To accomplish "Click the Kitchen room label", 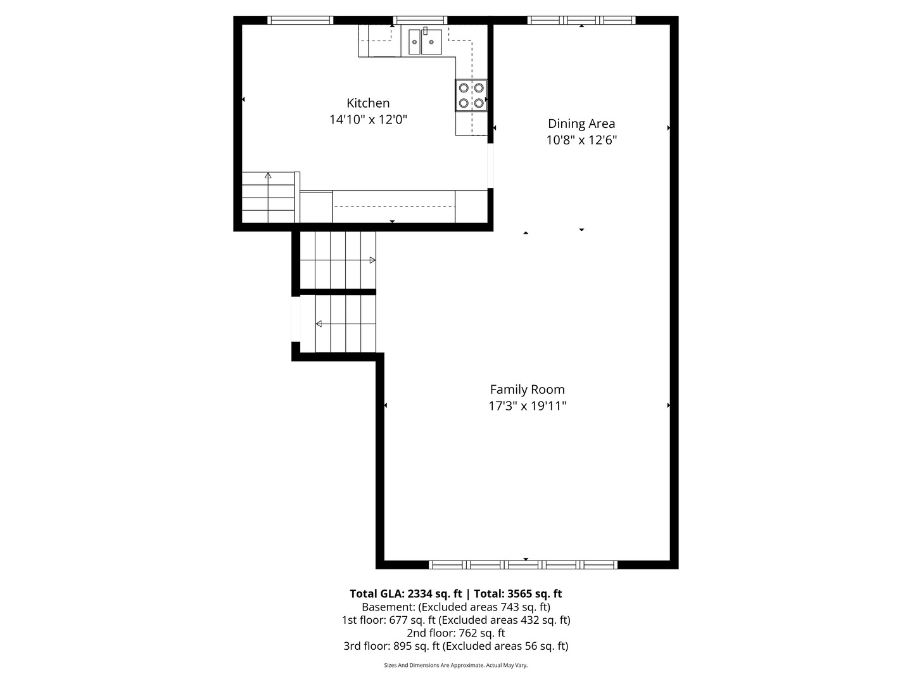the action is (368, 103).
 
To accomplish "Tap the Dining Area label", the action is (581, 123).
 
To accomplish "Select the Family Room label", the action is (528, 389).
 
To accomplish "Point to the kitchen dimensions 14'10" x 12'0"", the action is (368, 120).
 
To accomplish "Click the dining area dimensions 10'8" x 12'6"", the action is (581, 141).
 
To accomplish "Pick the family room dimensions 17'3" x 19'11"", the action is (528, 406).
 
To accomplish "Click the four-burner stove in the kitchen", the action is (471, 95).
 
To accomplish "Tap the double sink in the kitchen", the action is (425, 42).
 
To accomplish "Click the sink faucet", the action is (425, 31).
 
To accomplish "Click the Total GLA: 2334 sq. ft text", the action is (405, 593).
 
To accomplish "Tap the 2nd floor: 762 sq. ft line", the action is (456, 633).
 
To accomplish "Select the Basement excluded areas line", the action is (456, 607).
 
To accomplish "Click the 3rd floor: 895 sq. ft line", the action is (456, 646).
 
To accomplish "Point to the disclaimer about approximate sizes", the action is (456, 665).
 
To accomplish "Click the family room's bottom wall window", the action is (523, 564).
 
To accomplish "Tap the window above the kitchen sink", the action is (420, 20).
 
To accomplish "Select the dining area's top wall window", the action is (581, 20).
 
